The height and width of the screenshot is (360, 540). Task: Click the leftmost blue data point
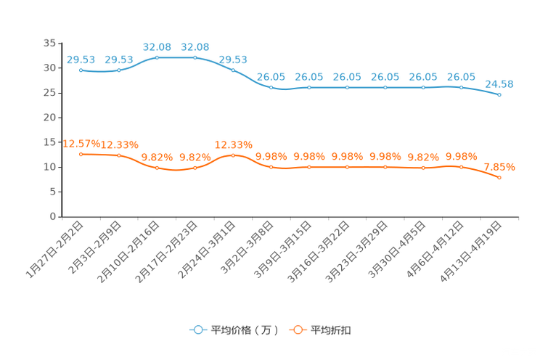click(x=81, y=70)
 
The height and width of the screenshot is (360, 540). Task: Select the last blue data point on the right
click(x=500, y=95)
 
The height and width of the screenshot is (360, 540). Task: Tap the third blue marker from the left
click(x=157, y=57)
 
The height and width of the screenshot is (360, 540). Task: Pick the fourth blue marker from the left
click(x=195, y=57)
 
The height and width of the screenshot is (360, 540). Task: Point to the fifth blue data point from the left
click(x=233, y=70)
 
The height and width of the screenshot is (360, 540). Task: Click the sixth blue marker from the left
click(x=271, y=87)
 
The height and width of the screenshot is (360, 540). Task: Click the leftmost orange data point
click(x=81, y=154)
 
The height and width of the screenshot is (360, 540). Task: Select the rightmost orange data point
click(x=500, y=177)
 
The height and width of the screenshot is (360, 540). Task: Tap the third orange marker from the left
click(x=157, y=168)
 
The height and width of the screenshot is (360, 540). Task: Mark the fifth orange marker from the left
click(x=233, y=155)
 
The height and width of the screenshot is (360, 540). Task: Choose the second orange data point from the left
click(x=119, y=155)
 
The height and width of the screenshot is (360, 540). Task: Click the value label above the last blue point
click(x=499, y=83)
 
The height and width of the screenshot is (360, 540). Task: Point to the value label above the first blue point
click(x=81, y=59)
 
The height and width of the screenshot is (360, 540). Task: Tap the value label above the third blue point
click(x=157, y=46)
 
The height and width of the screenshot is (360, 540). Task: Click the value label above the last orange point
click(x=499, y=167)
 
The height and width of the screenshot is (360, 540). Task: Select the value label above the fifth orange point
click(x=233, y=144)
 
